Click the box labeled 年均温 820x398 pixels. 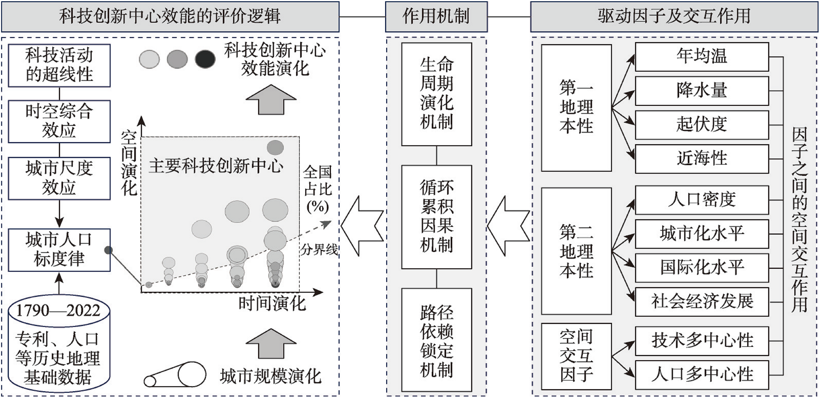702,57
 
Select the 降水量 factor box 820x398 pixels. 702,91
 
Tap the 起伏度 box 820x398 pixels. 702,125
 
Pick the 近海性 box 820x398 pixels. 702,158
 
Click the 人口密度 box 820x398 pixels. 702,200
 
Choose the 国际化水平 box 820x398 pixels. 702,268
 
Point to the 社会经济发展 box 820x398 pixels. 702,302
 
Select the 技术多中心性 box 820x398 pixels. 702,341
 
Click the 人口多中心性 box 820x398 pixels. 702,375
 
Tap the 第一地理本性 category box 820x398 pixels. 576,108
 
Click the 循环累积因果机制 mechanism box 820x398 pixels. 436,217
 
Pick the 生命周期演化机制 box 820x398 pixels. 436,94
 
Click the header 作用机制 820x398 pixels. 436,16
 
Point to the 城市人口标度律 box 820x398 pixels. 59,249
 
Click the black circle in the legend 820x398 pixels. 205,59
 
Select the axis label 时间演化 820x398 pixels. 272,304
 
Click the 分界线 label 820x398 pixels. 319,249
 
